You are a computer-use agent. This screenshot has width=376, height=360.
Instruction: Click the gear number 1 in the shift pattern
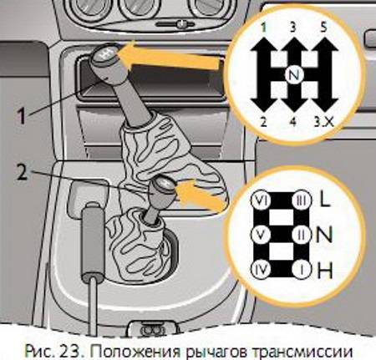[263, 28]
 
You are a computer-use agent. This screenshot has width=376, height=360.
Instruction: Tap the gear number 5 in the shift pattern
[323, 28]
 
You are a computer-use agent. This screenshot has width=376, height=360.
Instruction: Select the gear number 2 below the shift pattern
[263, 122]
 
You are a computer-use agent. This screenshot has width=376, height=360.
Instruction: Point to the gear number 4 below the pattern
[292, 122]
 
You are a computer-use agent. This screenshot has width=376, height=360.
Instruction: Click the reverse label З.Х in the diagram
[324, 122]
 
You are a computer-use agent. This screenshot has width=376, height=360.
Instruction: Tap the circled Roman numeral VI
[260, 200]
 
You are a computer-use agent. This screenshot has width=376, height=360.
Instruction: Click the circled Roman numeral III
[302, 200]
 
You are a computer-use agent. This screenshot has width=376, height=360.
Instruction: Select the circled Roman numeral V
[260, 235]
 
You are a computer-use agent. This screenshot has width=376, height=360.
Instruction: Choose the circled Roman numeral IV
[260, 269]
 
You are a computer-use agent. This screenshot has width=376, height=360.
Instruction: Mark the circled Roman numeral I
[302, 269]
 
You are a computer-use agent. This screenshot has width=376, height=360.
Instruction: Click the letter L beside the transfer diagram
[325, 200]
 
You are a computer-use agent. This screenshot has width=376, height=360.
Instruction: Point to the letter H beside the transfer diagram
[325, 271]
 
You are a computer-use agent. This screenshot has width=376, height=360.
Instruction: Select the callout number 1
[22, 116]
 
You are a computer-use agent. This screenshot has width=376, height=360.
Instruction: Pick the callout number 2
[23, 171]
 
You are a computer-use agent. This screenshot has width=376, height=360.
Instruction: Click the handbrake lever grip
[93, 240]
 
